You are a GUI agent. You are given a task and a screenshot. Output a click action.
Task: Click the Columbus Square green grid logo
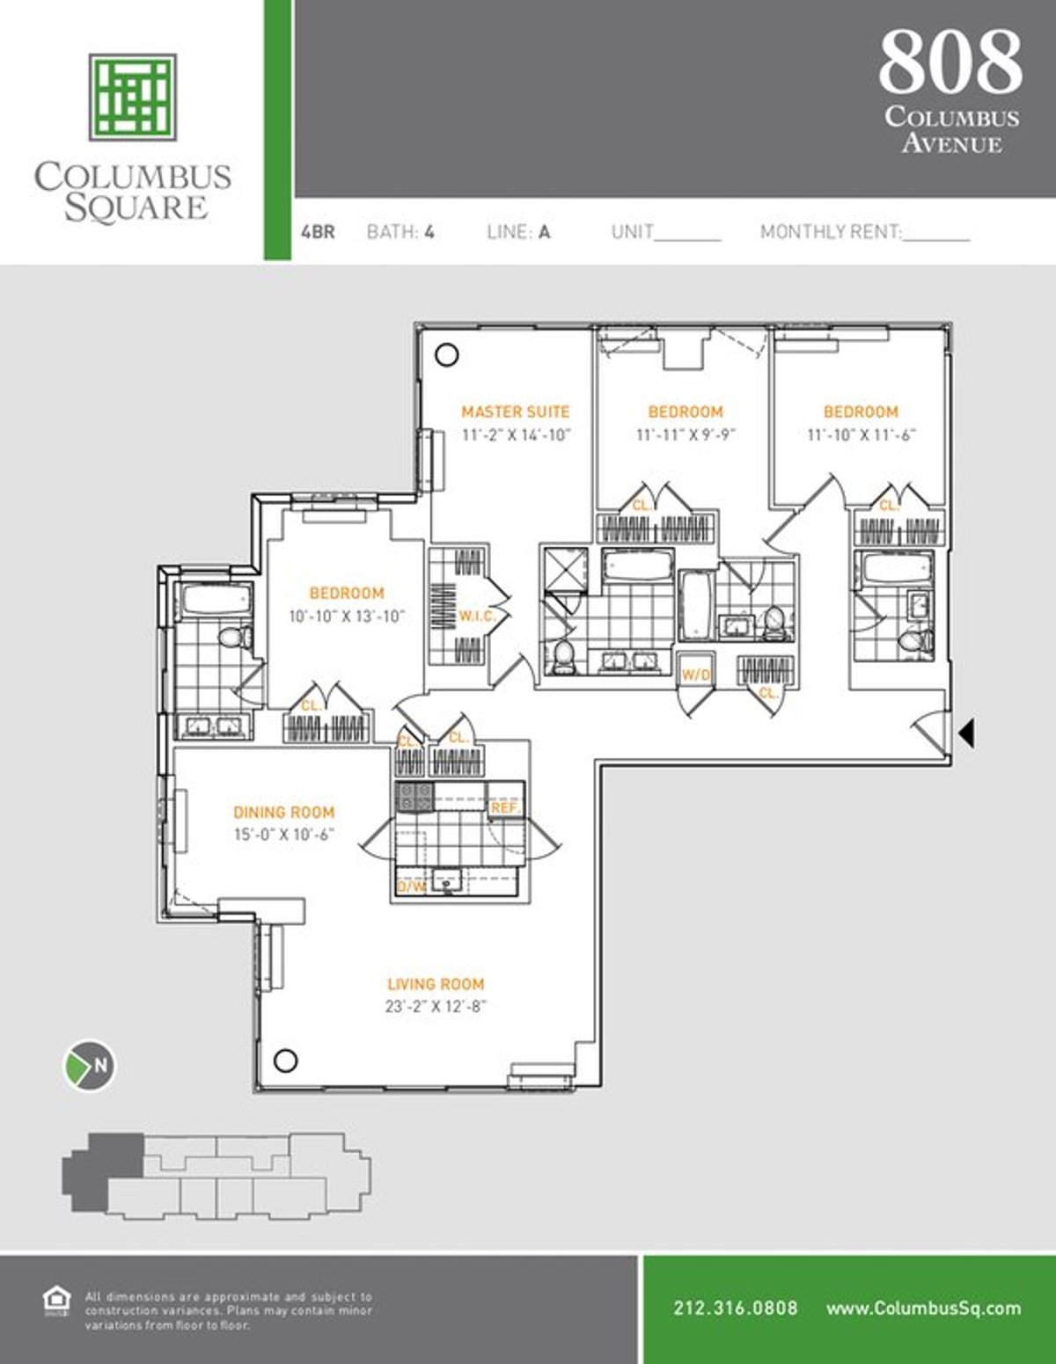tap(132, 97)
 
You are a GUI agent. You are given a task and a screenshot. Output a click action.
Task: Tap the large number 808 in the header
tap(950, 62)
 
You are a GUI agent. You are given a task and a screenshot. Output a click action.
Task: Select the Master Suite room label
tap(516, 412)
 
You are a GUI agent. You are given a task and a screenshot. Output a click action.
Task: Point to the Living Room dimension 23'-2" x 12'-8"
tap(436, 1007)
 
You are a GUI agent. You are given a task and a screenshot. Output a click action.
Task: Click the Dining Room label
tap(283, 813)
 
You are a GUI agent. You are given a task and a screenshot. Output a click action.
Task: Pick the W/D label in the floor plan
tap(695, 675)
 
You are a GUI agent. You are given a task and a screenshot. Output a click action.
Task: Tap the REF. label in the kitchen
tap(505, 807)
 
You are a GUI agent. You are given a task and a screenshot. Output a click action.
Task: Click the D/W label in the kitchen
tap(411, 886)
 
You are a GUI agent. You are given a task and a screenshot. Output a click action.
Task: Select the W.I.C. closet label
tap(476, 616)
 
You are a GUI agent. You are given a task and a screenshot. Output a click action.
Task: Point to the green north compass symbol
tap(89, 1066)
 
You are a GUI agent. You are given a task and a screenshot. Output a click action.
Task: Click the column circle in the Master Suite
tap(447, 355)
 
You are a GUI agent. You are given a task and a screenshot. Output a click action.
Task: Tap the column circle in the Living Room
tap(285, 1061)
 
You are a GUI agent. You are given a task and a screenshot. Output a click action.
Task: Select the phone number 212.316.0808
tap(735, 1308)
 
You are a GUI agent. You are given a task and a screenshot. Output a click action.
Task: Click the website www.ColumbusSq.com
tap(923, 1308)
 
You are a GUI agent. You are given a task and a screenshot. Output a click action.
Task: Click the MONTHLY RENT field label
tap(831, 232)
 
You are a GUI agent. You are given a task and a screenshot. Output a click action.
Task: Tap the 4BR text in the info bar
tap(318, 232)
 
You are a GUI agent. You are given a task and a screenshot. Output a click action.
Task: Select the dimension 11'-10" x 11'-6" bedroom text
tap(862, 434)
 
